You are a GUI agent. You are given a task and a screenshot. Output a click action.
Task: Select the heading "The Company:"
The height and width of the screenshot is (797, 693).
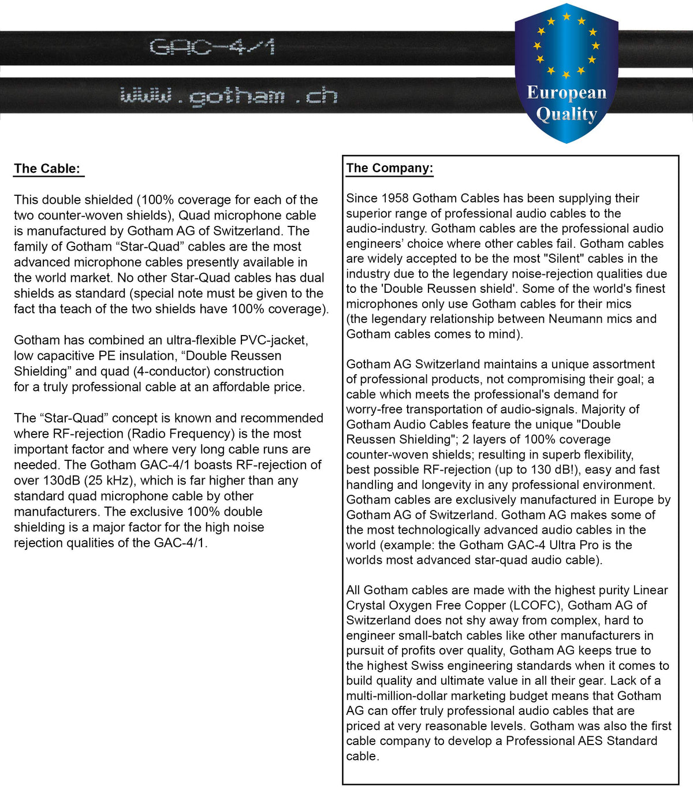389,168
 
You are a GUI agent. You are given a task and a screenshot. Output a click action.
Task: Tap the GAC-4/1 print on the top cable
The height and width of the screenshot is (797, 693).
212,47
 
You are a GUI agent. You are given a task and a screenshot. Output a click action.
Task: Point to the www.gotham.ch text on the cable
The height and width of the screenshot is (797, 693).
229,96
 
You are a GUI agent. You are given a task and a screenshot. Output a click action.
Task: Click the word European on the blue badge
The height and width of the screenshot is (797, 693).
567,92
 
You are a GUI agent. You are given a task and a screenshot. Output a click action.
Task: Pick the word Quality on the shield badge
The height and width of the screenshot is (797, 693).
567,114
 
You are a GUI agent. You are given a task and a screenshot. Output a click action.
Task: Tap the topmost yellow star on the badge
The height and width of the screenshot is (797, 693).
567,17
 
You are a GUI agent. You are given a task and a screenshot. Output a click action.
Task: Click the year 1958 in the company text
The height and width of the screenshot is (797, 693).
395,198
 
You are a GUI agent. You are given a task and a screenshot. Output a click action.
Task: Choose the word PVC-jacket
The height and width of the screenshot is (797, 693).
274,340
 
